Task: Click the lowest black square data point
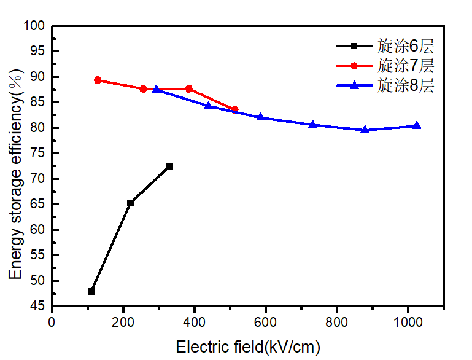[91, 292]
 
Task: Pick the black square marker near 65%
[130, 203]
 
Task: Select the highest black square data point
[169, 166]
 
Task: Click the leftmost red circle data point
[98, 80]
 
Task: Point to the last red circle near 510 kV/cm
[234, 109]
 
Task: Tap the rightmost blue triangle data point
[417, 125]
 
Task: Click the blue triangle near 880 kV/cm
[365, 130]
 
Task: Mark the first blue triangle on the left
[156, 89]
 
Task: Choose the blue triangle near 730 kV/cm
[312, 124]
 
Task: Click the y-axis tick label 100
[36, 26]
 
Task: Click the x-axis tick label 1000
[408, 322]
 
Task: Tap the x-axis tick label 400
[195, 322]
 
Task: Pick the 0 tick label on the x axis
[52, 322]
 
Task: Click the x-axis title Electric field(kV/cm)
[248, 347]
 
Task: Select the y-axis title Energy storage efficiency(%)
[17, 176]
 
